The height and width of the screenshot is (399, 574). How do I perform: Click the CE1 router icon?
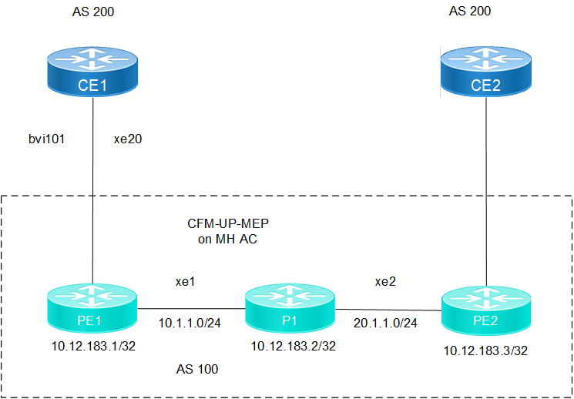pyautogui.click(x=92, y=72)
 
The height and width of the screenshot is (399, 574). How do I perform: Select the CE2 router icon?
pyautogui.click(x=486, y=74)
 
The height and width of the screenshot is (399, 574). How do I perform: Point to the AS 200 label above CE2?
pyautogui.click(x=469, y=11)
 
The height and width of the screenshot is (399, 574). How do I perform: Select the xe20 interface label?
pyautogui.click(x=128, y=139)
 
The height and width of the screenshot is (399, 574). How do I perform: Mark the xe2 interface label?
pyautogui.click(x=386, y=282)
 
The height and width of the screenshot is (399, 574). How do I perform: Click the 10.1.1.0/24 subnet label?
pyautogui.click(x=190, y=324)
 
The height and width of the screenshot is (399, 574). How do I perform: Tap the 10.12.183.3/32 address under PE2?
pyautogui.click(x=485, y=350)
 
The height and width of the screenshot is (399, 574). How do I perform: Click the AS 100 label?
pyautogui.click(x=196, y=370)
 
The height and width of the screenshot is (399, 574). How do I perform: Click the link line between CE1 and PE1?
pyautogui.click(x=92, y=193)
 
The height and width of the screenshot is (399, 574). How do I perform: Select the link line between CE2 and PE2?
pyautogui.click(x=487, y=193)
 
